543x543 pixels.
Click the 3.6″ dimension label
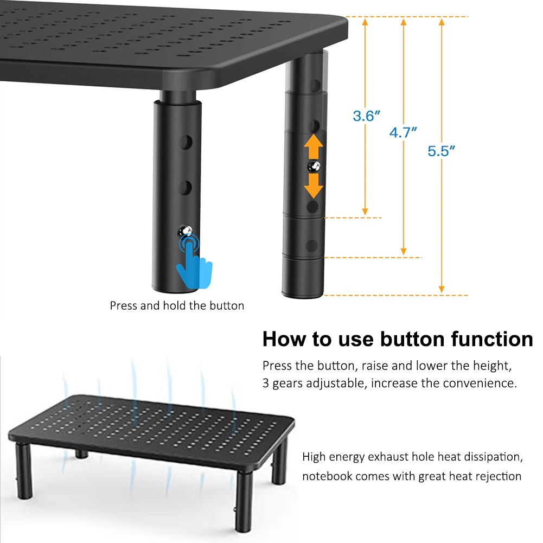coord(366,116)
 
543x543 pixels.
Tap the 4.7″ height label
coord(403,132)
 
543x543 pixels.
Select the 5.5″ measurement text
coord(441,151)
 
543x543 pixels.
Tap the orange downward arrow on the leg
coord(314,186)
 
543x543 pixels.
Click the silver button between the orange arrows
coord(314,167)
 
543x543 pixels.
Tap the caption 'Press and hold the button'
coord(177,305)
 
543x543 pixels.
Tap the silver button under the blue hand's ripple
coord(185,231)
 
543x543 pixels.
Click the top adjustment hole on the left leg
coord(186,142)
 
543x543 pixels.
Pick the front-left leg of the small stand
coord(24,471)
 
